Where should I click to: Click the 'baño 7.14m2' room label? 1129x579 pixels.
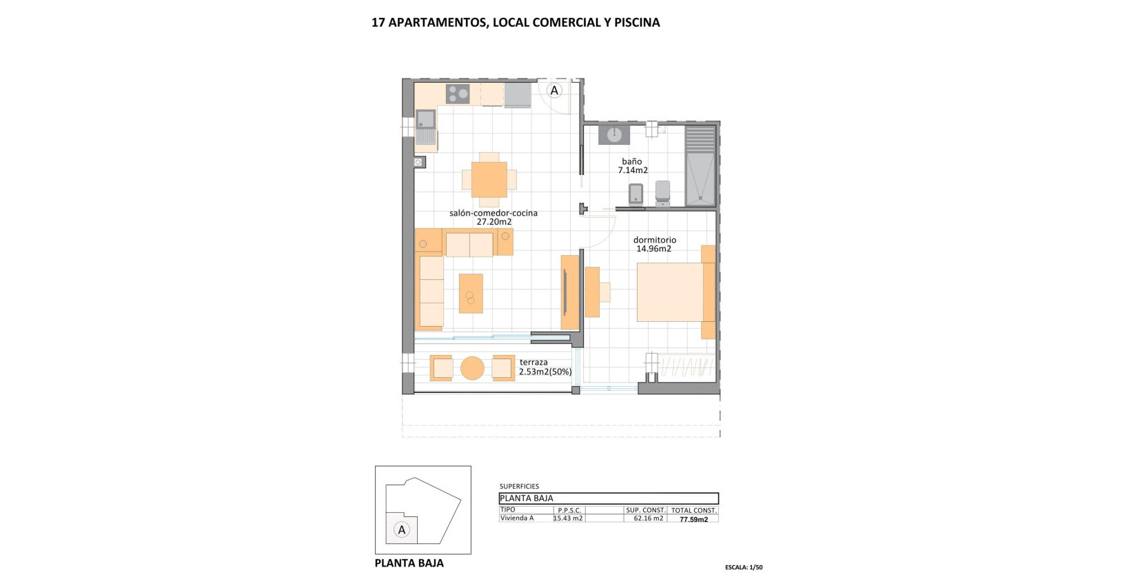pyautogui.click(x=632, y=166)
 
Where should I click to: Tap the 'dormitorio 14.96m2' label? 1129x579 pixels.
pyautogui.click(x=654, y=245)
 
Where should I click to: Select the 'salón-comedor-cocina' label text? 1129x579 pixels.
pyautogui.click(x=494, y=214)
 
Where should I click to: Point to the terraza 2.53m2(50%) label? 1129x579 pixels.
pyautogui.click(x=545, y=367)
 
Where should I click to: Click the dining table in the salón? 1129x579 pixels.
pyautogui.click(x=489, y=180)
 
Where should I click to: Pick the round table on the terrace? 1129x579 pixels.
pyautogui.click(x=472, y=368)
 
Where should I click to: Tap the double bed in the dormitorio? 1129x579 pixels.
pyautogui.click(x=669, y=292)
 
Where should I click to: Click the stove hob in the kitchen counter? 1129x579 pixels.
pyautogui.click(x=458, y=93)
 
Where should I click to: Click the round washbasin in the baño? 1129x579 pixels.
pyautogui.click(x=614, y=134)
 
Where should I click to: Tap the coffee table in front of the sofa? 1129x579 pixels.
pyautogui.click(x=471, y=294)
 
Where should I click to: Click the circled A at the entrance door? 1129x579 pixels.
pyautogui.click(x=554, y=90)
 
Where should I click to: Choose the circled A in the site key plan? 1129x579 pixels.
pyautogui.click(x=401, y=530)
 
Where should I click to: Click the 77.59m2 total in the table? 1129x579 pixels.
pyautogui.click(x=693, y=519)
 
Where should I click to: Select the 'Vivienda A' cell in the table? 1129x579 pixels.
pyautogui.click(x=517, y=518)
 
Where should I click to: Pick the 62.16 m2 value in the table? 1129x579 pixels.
pyautogui.click(x=644, y=518)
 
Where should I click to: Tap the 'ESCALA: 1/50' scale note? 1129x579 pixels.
pyautogui.click(x=744, y=567)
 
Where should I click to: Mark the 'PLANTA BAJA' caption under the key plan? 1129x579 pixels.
pyautogui.click(x=409, y=563)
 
